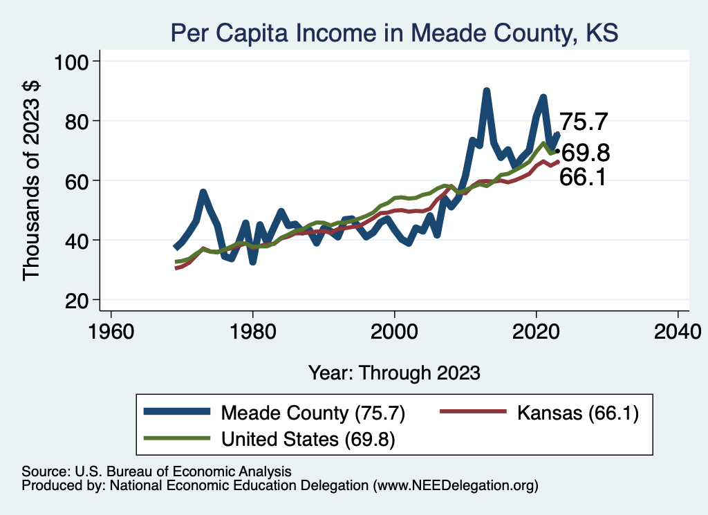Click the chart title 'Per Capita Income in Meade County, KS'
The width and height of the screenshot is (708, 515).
394,32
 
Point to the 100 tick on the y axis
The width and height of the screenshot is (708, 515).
76,62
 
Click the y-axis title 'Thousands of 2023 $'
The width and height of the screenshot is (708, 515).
32,180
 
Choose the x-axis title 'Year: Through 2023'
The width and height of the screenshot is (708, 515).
394,373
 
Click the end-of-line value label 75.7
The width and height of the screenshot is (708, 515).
583,122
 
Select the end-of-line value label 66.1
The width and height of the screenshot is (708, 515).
583,178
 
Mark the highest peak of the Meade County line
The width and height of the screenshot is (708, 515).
487,91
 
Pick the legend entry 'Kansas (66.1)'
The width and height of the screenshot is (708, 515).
577,413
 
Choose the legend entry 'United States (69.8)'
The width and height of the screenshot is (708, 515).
308,439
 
